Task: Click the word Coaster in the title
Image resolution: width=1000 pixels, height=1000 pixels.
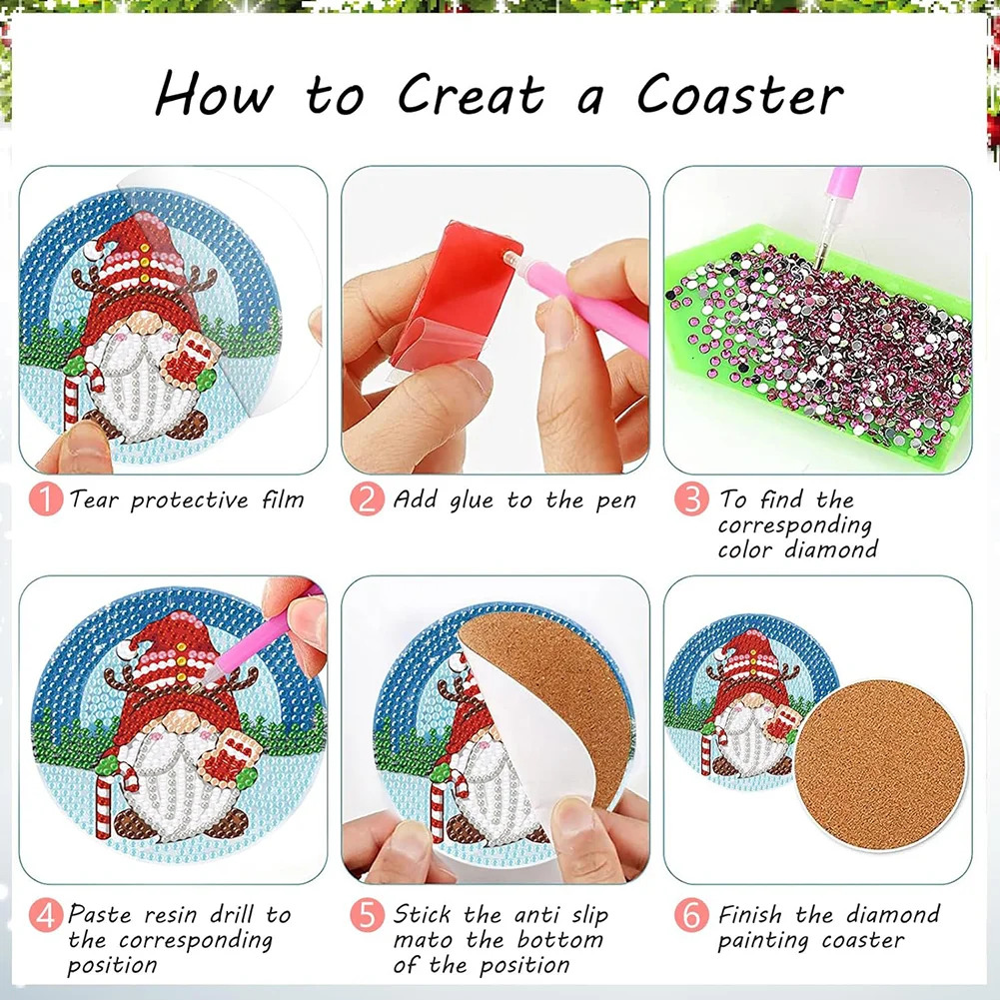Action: click(x=740, y=95)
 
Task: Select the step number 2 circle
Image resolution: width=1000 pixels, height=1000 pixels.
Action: click(x=367, y=500)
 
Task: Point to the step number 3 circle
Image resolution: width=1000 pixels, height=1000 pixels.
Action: click(x=690, y=500)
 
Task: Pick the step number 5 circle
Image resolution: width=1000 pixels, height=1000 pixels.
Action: click(x=367, y=915)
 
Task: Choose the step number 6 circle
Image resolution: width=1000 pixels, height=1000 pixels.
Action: click(x=690, y=915)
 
